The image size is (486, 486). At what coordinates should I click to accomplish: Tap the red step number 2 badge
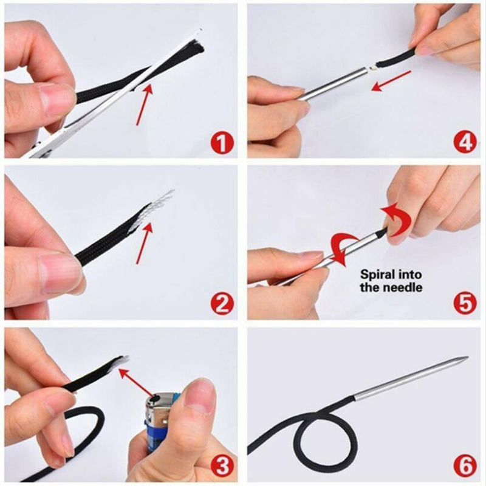coord(222,305)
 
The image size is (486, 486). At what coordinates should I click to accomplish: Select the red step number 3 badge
coord(222,467)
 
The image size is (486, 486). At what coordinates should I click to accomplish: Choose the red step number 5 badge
coord(465,304)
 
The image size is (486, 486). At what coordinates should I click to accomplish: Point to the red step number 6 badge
coord(465,467)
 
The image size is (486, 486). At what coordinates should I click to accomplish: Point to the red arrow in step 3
coord(136,383)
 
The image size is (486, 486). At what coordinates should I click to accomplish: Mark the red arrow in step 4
coord(391,81)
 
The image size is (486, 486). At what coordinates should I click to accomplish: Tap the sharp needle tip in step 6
coord(467,357)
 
